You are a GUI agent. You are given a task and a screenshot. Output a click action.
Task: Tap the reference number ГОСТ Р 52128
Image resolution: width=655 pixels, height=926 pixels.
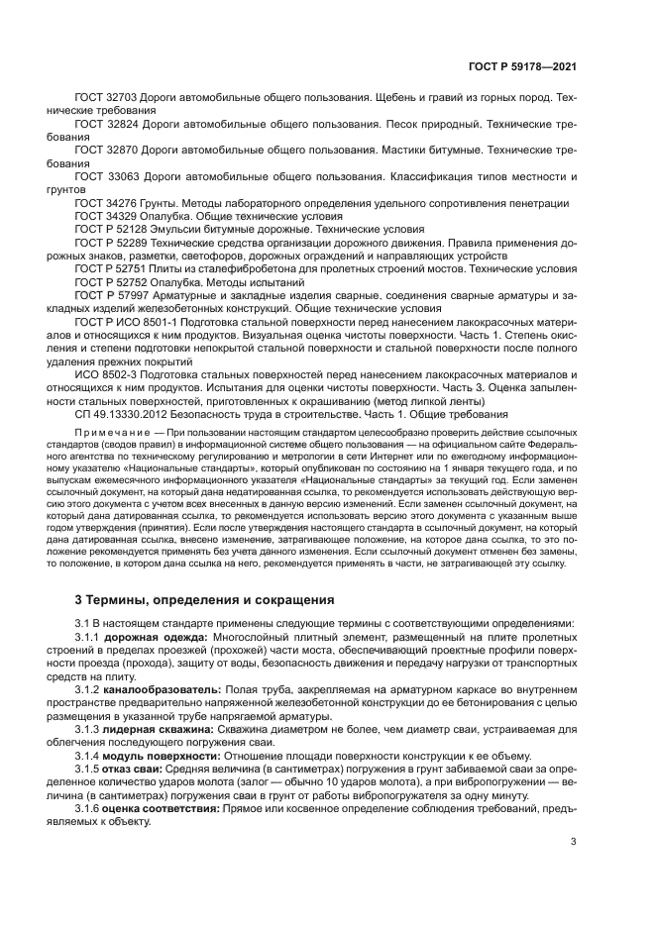[x=111, y=228]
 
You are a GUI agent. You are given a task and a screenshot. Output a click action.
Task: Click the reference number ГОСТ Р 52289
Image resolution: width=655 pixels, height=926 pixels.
[x=111, y=241]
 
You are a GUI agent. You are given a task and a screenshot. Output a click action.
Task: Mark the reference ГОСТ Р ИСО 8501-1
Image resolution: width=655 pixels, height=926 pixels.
[x=123, y=320]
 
